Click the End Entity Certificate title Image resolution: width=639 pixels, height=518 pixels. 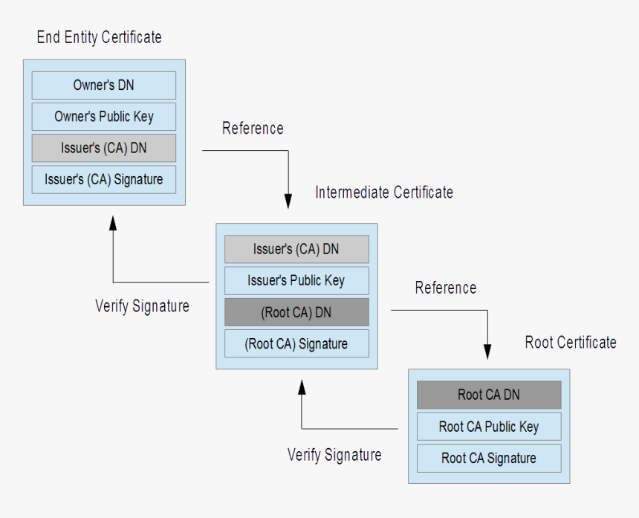click(x=99, y=37)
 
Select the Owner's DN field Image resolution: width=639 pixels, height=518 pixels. click(x=103, y=85)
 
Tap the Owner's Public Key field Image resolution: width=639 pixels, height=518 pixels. click(x=103, y=117)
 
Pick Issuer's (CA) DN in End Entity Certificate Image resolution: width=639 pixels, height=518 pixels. click(x=103, y=148)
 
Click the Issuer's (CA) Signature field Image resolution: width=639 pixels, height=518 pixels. click(x=103, y=179)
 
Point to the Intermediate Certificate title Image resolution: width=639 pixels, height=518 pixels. click(x=383, y=192)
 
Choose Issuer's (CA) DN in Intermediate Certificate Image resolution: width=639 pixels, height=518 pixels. click(x=296, y=249)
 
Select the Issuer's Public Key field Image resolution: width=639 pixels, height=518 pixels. click(x=296, y=280)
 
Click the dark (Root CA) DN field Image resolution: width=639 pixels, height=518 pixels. click(x=296, y=312)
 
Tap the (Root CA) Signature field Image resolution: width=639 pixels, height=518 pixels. click(x=296, y=343)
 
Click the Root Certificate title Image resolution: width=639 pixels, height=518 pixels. click(x=571, y=342)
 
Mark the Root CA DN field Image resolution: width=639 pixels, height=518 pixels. click(x=488, y=395)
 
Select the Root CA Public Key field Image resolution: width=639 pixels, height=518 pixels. click(x=488, y=427)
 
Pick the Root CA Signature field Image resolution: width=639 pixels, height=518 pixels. click(x=488, y=458)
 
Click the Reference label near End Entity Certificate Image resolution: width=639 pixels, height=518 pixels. click(x=253, y=129)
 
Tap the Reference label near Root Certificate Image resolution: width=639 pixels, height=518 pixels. click(x=446, y=288)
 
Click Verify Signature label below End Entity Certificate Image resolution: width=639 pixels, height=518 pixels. click(x=142, y=305)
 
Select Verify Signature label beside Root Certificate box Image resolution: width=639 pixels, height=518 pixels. click(x=334, y=454)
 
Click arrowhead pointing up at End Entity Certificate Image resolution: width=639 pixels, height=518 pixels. click(x=113, y=224)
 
